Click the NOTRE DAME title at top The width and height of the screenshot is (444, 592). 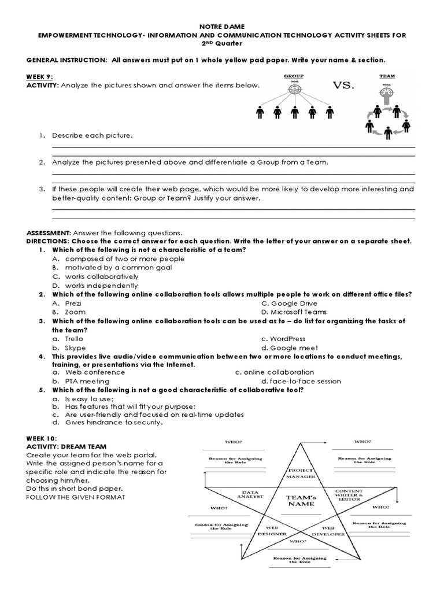(x=222, y=27)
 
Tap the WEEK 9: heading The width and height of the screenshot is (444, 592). (x=40, y=76)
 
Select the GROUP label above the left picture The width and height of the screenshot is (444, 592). (x=293, y=76)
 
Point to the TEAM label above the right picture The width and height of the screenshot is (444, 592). (x=387, y=76)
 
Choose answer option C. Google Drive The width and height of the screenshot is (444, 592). (x=289, y=304)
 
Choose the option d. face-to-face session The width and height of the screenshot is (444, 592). (x=301, y=382)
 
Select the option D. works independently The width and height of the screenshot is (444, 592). (x=95, y=286)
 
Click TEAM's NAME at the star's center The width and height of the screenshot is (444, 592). (x=300, y=500)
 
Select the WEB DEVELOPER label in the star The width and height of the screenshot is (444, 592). (x=328, y=531)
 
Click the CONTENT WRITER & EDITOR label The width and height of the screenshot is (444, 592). (x=349, y=494)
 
